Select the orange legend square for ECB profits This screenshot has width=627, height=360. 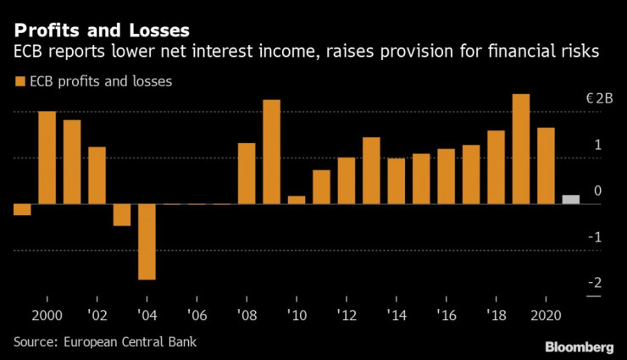tap(19, 82)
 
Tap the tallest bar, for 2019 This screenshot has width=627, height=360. tap(521, 149)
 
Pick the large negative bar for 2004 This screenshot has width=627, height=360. tap(147, 241)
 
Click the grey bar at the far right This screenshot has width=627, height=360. tap(571, 200)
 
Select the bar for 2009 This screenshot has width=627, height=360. tap(271, 152)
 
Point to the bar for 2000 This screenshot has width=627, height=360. tap(47, 158)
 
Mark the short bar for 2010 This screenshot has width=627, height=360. tap(296, 200)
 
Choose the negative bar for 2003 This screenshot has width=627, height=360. tap(122, 215)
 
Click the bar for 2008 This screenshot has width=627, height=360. tap(247, 174)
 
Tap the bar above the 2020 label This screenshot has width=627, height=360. tap(546, 166)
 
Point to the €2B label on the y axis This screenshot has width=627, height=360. tap(599, 99)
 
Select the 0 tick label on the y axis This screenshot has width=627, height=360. tap(597, 191)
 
